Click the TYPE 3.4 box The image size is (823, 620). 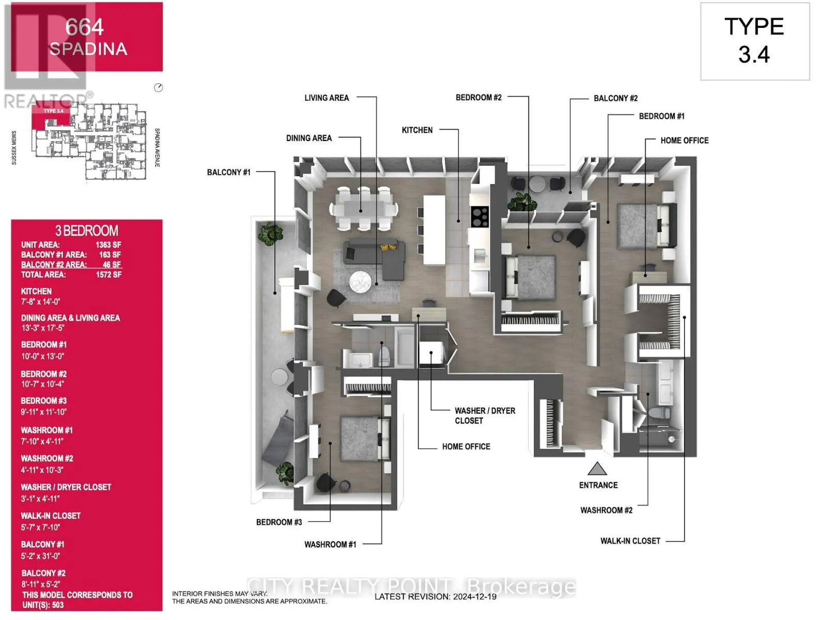point(754,41)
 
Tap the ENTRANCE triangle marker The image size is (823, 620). point(597,469)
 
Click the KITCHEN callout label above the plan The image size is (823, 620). point(417,130)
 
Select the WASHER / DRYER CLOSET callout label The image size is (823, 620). point(485,415)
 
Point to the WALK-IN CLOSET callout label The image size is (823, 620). point(630,541)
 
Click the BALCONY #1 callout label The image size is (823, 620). point(228,172)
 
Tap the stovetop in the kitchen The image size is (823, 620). point(480,216)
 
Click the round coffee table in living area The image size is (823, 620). point(360,282)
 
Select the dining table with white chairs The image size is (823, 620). point(364,208)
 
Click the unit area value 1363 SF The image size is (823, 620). point(108,245)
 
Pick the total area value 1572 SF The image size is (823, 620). point(108,275)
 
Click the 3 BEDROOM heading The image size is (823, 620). point(87,231)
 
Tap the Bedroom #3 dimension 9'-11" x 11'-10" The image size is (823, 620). point(44,412)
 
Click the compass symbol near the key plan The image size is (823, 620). point(159,88)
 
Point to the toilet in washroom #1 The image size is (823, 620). point(384,355)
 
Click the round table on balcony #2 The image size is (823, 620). point(537,183)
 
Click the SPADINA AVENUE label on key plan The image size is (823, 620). point(157,148)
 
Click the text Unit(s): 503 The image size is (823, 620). point(43,605)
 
